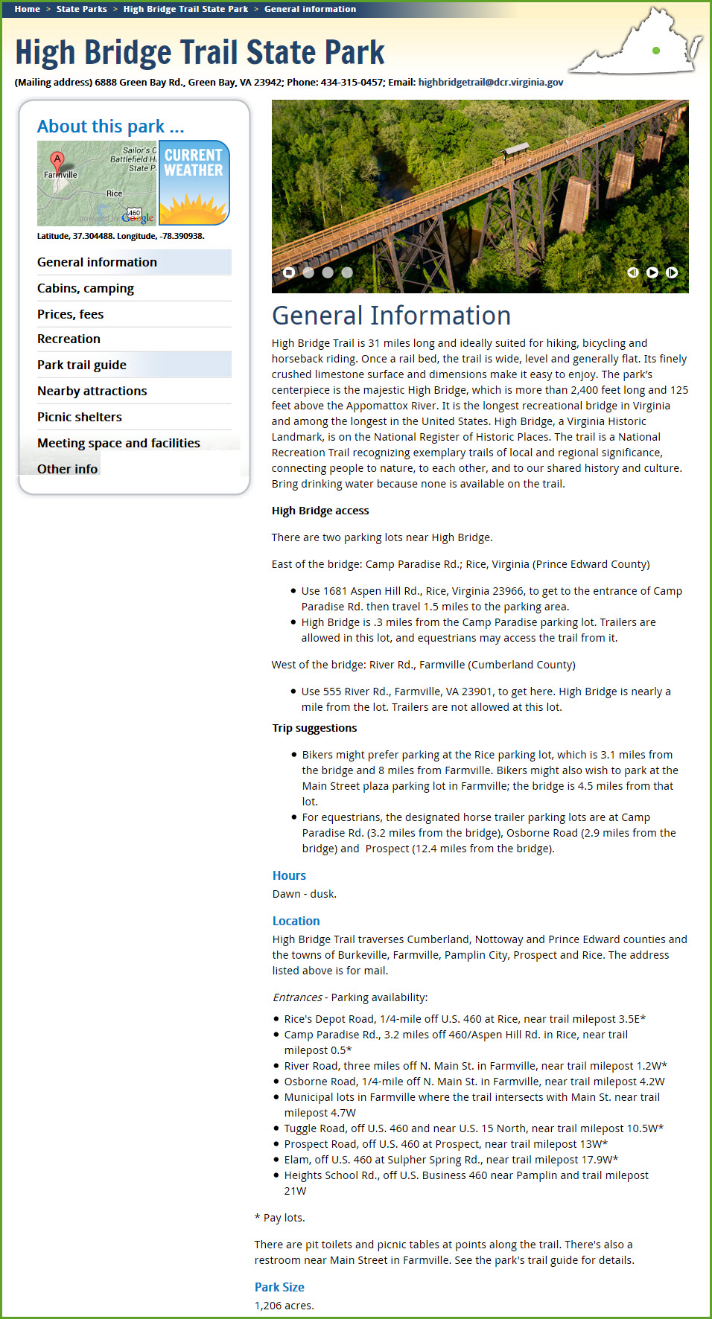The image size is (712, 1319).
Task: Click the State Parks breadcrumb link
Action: [x=81, y=9]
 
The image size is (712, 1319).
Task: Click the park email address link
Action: [x=490, y=83]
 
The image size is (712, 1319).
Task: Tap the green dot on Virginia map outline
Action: [x=656, y=51]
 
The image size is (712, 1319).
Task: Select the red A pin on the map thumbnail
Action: [x=57, y=159]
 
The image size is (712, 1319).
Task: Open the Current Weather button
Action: [x=194, y=182]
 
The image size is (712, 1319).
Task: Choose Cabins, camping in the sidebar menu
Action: [x=86, y=288]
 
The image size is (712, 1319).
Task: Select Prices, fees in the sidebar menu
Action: [x=71, y=314]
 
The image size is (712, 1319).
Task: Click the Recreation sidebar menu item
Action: [x=69, y=339]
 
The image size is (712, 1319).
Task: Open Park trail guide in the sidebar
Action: [x=82, y=365]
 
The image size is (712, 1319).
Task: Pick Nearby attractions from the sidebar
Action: [x=92, y=391]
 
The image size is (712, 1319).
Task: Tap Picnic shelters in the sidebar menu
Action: [x=80, y=417]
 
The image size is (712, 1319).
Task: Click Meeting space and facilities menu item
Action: [x=118, y=443]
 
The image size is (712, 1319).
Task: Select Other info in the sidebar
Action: [x=67, y=469]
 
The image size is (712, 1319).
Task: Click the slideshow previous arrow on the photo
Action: [x=633, y=272]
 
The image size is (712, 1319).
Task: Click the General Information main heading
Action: [x=391, y=316]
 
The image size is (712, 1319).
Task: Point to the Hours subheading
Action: [x=289, y=875]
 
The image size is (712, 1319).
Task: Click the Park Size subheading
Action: [x=279, y=1287]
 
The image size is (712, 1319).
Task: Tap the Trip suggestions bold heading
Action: [x=314, y=728]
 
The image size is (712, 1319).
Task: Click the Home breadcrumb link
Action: [x=28, y=9]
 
